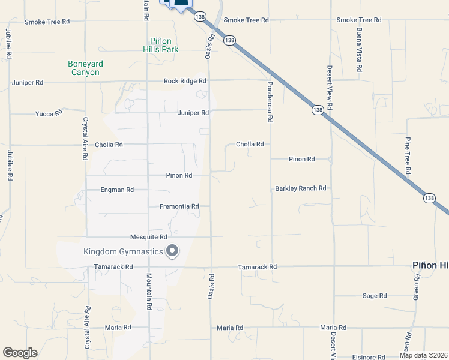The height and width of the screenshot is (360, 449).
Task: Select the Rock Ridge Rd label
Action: pos(185,81)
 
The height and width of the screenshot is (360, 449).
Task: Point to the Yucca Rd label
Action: pos(49,113)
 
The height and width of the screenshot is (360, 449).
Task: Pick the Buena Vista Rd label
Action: pos(358,50)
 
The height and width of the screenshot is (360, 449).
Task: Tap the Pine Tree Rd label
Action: pos(407,156)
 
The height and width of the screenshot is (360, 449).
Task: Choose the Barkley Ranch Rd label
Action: pos(300,188)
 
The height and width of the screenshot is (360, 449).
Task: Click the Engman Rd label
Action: pos(117,190)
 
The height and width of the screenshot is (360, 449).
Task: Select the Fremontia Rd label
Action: pos(179,207)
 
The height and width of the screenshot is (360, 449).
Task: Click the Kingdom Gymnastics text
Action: pos(124,251)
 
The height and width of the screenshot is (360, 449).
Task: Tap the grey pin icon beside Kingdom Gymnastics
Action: pos(173,251)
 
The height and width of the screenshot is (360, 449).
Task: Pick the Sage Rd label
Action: pos(375,296)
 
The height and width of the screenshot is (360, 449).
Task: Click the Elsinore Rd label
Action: pos(369,357)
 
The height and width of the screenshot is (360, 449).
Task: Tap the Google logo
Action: pos(20,353)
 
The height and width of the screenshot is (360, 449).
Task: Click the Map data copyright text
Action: pos(423,355)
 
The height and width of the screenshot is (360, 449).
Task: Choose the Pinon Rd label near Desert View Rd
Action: pos(301,160)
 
